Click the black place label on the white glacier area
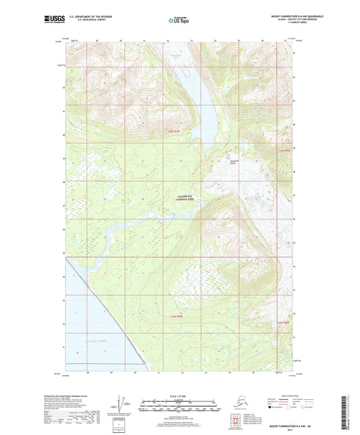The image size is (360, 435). pos(235,161)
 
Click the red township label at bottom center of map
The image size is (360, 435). pos(176,315)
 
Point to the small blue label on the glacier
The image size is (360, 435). pos(259,196)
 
